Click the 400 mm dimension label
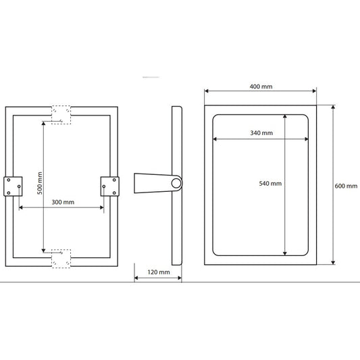261,86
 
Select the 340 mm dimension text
261,133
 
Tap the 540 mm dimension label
270,184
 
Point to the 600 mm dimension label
346,186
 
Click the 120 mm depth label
159,272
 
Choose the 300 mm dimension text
63,202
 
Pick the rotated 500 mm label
40,183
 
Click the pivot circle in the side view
176,183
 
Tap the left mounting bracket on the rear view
13,186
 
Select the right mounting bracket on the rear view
110,186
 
